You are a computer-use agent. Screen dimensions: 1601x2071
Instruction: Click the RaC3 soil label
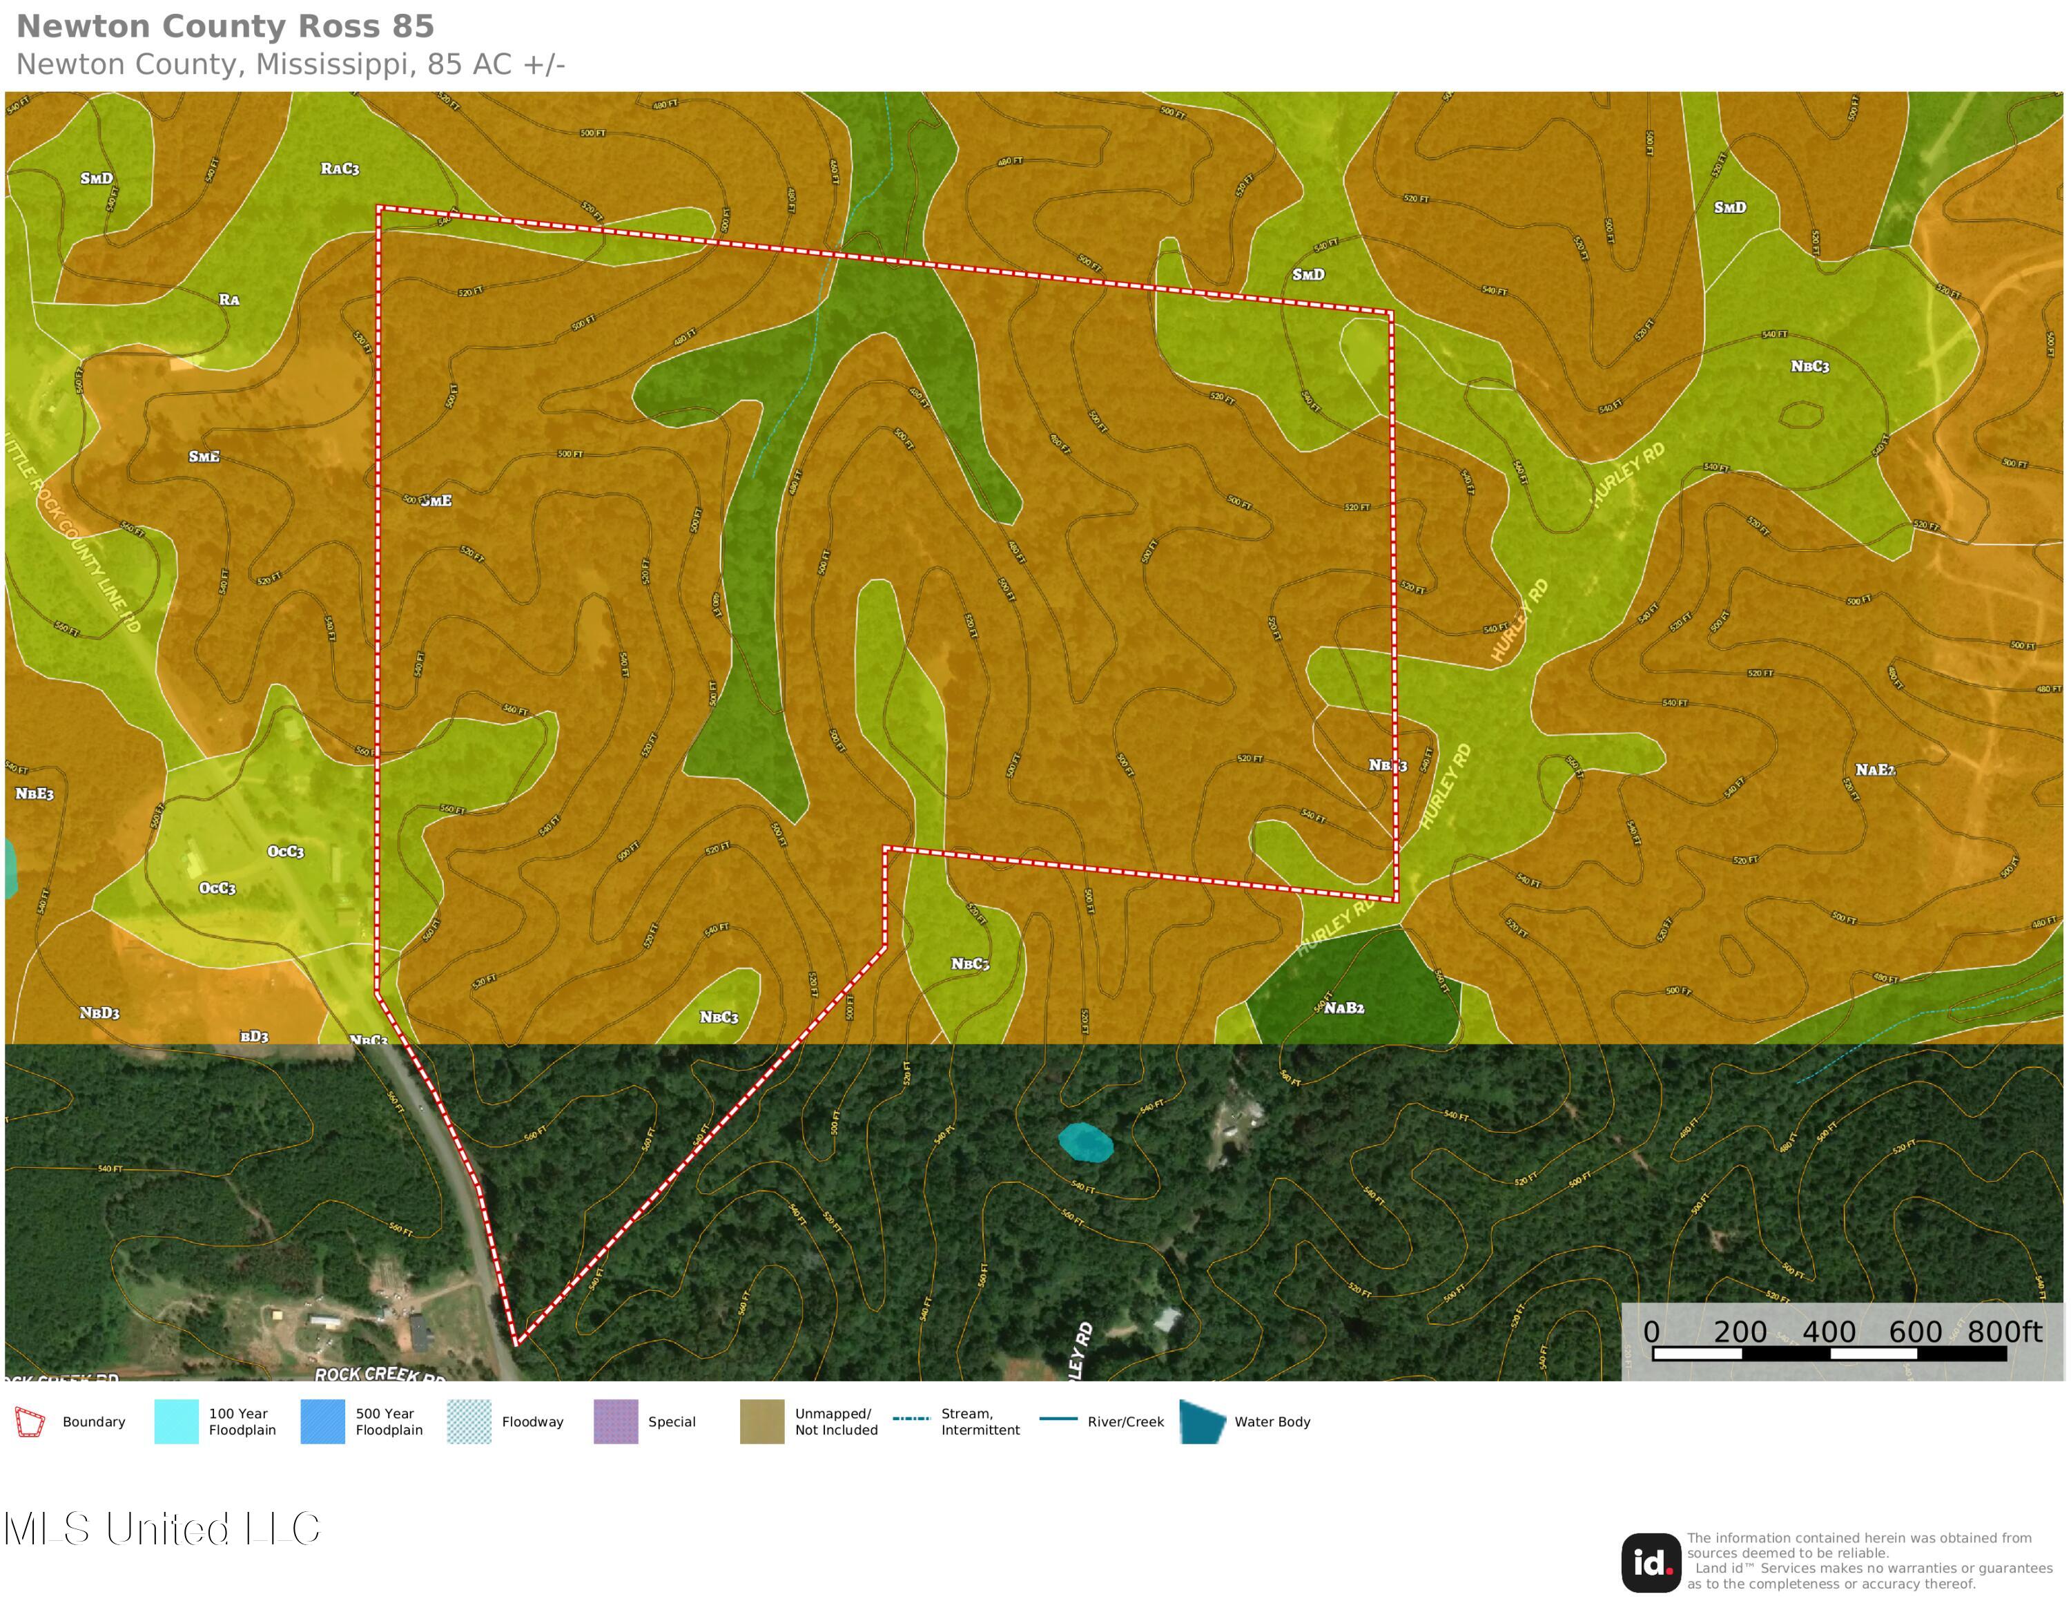[x=340, y=169]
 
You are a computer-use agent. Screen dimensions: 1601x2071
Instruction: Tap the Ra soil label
[x=229, y=300]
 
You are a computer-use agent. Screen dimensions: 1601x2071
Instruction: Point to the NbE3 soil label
[x=34, y=793]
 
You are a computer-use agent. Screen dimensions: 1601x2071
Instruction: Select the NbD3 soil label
[x=99, y=1013]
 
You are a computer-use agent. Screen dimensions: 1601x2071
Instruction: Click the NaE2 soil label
[x=1875, y=769]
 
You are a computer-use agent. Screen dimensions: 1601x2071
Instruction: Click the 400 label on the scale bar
[x=1828, y=1332]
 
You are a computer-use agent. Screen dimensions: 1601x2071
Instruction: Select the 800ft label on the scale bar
[x=2003, y=1332]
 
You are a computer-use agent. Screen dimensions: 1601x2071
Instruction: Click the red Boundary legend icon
[x=30, y=1421]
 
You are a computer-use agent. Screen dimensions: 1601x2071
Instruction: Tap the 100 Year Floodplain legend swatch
[x=176, y=1421]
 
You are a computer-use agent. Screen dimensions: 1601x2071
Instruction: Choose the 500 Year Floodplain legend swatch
[x=322, y=1421]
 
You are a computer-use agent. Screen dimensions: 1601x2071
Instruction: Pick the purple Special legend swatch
[x=615, y=1421]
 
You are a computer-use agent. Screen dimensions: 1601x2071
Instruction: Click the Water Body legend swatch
[x=1203, y=1421]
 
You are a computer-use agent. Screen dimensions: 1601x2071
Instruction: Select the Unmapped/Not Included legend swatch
[x=761, y=1421]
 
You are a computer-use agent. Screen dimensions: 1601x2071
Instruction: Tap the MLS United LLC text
[x=162, y=1529]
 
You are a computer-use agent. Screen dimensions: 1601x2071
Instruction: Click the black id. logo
[x=1651, y=1563]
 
